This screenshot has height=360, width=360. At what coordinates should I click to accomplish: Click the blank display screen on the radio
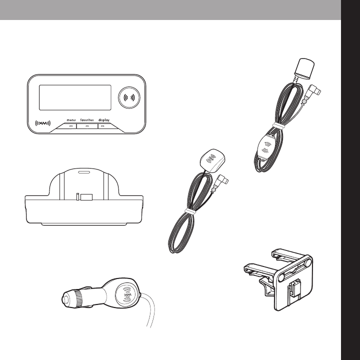click(75, 97)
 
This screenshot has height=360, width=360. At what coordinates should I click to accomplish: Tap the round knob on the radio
click(129, 97)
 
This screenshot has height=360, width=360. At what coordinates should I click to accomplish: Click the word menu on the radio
click(71, 120)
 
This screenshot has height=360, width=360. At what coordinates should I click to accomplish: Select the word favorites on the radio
click(87, 120)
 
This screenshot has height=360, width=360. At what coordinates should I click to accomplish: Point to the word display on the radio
click(104, 120)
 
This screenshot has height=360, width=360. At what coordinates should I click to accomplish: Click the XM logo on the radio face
click(42, 123)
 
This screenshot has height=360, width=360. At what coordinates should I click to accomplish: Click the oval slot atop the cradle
click(84, 172)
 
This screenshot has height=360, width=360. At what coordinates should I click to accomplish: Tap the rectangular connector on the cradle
click(86, 197)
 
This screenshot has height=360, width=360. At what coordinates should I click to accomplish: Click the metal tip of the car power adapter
click(65, 299)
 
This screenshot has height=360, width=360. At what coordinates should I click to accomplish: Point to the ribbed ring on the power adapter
click(78, 298)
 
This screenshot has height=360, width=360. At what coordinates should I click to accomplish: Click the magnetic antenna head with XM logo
click(212, 160)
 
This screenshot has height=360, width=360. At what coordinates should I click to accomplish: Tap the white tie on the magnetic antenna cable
click(190, 211)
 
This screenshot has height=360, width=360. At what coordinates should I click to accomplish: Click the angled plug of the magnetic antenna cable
click(222, 180)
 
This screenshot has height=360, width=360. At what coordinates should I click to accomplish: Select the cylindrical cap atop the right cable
click(304, 68)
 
